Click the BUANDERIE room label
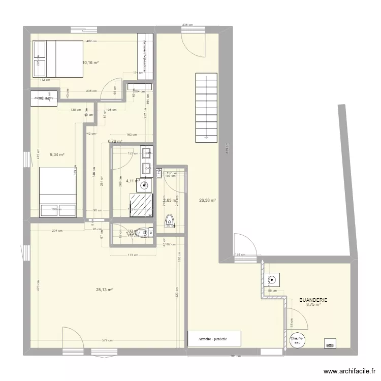tap(313, 300)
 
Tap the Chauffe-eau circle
tap(297, 341)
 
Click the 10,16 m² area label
tap(90, 63)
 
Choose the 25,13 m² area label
tap(104, 290)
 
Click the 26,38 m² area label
tap(208, 200)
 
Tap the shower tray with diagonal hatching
tap(142, 204)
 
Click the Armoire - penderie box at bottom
tap(214, 339)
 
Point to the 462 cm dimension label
tap(91, 41)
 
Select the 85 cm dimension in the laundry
tap(272, 291)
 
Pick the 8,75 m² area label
tap(313, 305)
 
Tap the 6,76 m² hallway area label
tap(115, 142)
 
